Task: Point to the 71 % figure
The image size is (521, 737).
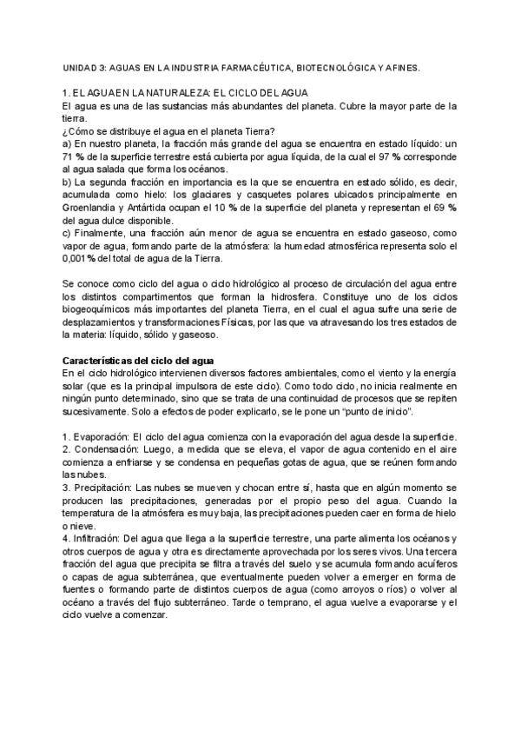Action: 72,156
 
